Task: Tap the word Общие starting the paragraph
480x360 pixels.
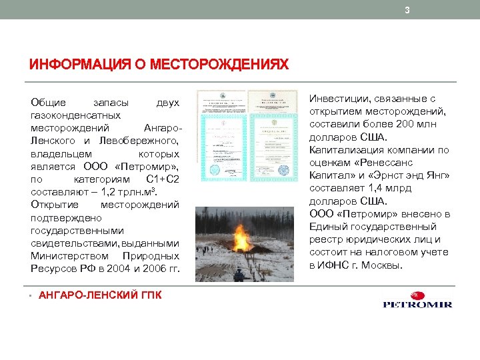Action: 48,103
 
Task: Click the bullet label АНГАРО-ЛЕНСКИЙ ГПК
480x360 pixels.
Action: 100,294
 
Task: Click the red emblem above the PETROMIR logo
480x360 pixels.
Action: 416,295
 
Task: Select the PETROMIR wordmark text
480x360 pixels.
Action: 417,305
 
